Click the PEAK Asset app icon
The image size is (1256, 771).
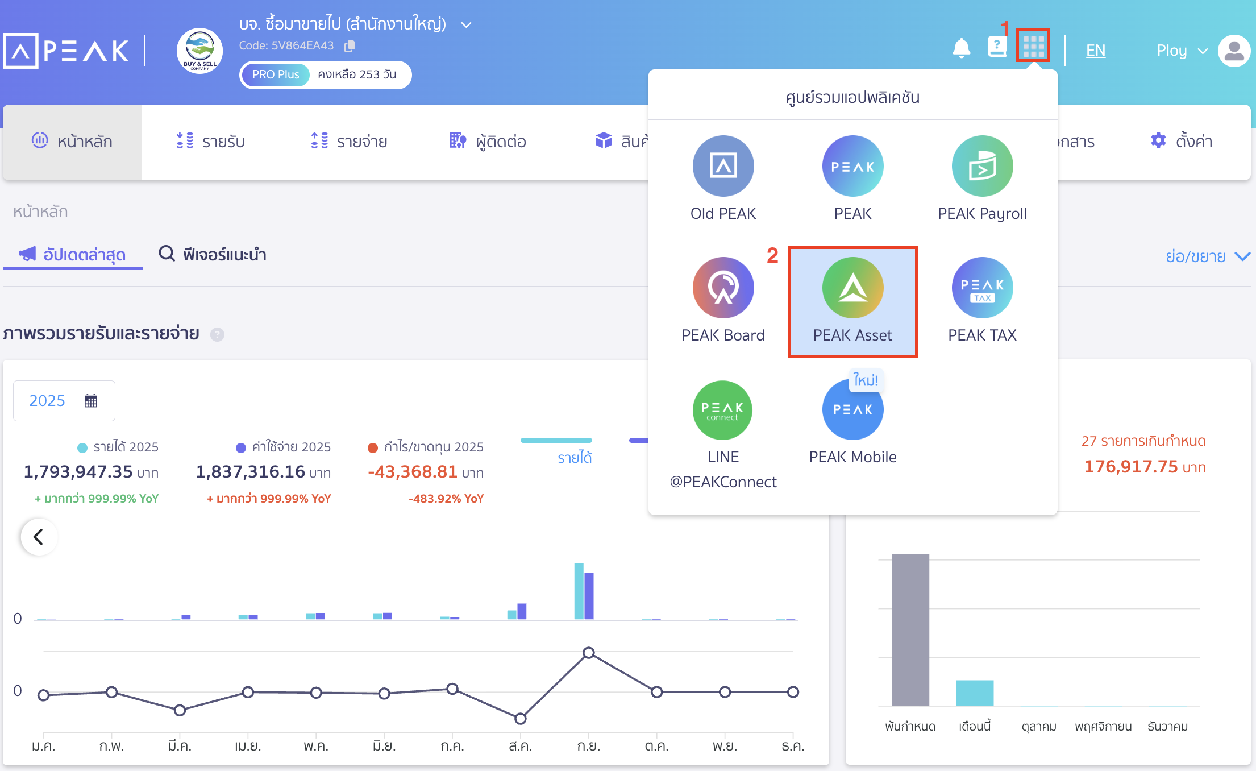click(x=852, y=288)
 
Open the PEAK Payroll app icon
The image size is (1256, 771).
click(x=982, y=166)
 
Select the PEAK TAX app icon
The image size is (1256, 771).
click(x=982, y=288)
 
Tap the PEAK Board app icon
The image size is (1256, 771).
click(x=723, y=288)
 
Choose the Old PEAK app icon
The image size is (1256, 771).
click(x=723, y=166)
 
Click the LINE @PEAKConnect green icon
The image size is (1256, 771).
click(x=722, y=410)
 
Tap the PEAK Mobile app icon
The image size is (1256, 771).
click(x=852, y=410)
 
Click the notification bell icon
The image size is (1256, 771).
click(x=961, y=48)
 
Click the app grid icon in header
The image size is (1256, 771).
click(x=1033, y=45)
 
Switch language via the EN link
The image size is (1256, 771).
click(x=1095, y=51)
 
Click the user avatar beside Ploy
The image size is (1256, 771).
click(x=1234, y=51)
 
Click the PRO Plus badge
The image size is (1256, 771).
click(x=276, y=74)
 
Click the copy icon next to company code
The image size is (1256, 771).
click(x=350, y=45)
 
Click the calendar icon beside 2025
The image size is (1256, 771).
click(x=91, y=401)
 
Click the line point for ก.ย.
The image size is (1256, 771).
click(x=589, y=653)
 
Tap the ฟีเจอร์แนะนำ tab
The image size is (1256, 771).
click(x=213, y=254)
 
